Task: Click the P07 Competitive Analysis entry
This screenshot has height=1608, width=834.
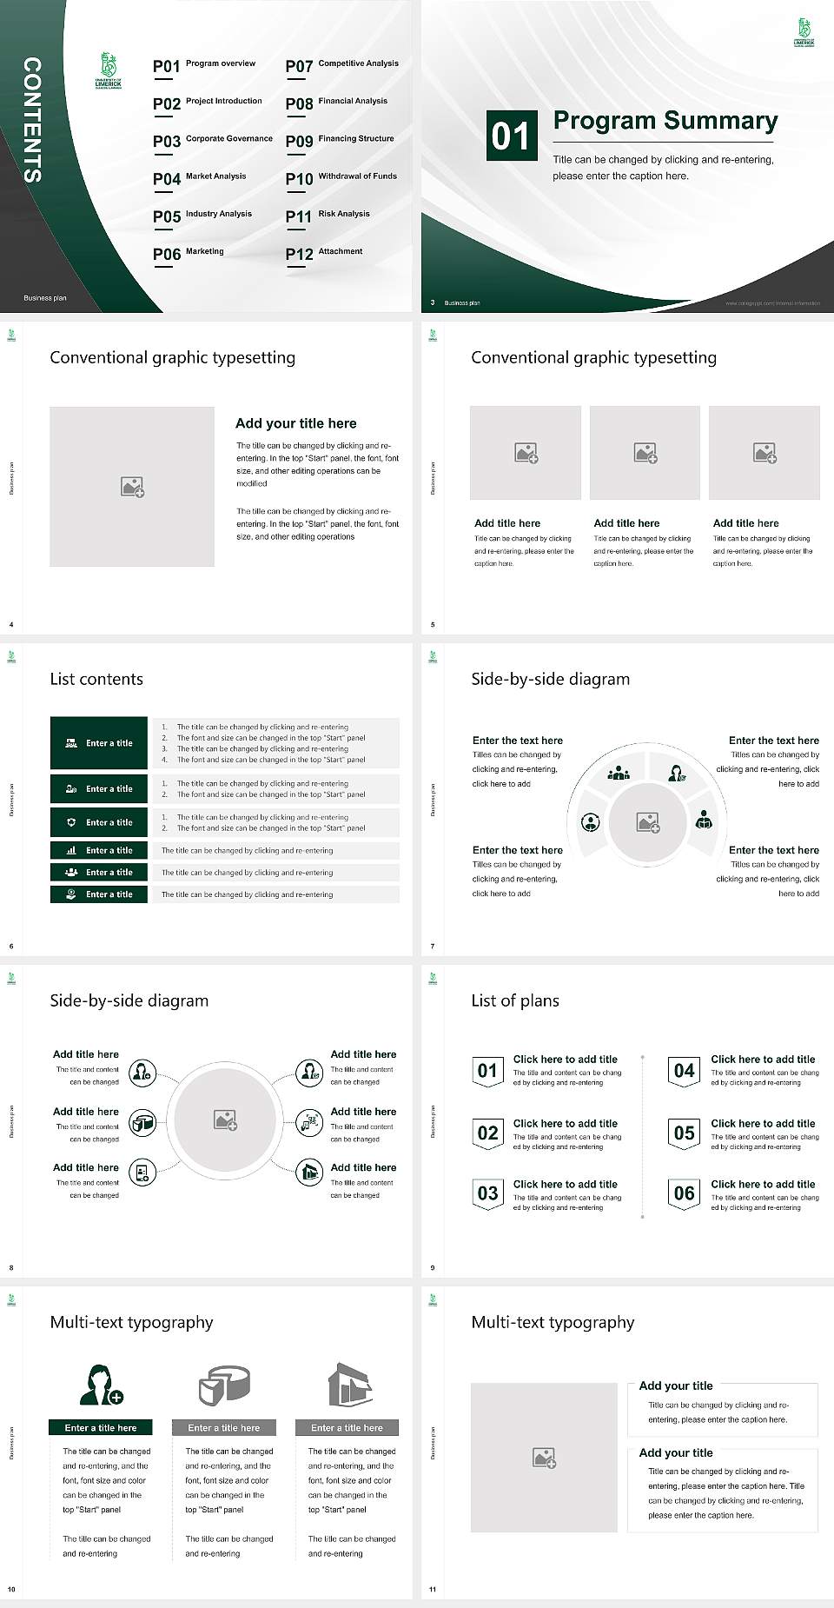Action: click(x=342, y=65)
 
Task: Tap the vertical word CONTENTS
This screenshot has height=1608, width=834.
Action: click(x=32, y=119)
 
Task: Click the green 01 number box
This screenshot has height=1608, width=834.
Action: click(x=511, y=136)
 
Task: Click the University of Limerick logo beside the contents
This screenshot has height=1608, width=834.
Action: click(x=109, y=71)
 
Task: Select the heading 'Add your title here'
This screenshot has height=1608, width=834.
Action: click(x=295, y=423)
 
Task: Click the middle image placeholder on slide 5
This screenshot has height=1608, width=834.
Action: click(x=645, y=453)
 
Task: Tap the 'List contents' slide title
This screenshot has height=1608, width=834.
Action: click(x=96, y=679)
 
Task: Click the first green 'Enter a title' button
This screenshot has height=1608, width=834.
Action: click(x=99, y=743)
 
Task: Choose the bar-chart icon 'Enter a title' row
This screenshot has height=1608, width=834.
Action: click(x=99, y=850)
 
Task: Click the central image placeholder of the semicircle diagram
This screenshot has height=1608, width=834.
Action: click(x=648, y=822)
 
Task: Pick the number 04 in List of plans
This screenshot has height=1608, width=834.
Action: click(x=685, y=1071)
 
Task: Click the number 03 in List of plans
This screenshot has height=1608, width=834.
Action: click(x=487, y=1193)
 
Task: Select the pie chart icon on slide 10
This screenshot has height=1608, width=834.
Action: click(x=224, y=1385)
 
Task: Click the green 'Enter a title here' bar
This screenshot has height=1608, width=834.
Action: click(x=101, y=1427)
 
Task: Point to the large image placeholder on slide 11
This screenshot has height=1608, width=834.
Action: click(x=544, y=1457)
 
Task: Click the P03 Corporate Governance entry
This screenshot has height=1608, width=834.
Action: click(x=213, y=140)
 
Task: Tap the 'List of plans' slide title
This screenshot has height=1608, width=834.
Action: click(x=515, y=1000)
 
